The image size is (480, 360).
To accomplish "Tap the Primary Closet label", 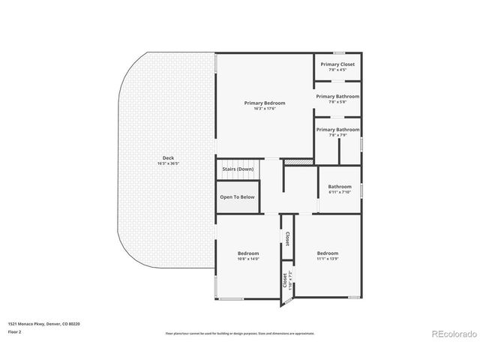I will tap(337, 64).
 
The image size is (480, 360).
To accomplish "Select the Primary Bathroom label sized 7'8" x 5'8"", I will tap(337, 96).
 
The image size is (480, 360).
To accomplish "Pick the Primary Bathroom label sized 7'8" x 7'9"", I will tap(337, 129).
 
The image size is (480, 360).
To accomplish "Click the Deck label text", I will tap(168, 157).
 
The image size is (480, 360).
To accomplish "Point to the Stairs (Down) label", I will tap(238, 169).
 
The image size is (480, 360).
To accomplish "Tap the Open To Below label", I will tap(238, 197).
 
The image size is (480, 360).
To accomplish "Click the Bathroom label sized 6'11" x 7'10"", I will tap(340, 187).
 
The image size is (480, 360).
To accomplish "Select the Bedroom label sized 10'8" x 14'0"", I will tap(248, 253).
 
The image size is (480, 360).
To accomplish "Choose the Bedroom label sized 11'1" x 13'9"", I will tap(327, 253).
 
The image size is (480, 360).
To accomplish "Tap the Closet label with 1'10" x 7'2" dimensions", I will tap(285, 280).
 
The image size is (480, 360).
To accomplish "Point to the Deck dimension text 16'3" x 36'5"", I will tap(168, 163).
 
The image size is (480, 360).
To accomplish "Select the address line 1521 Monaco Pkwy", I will tap(44, 324).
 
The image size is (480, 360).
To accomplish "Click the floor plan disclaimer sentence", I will tap(239, 333).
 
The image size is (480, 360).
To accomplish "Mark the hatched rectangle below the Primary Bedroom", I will tap(298, 161).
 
